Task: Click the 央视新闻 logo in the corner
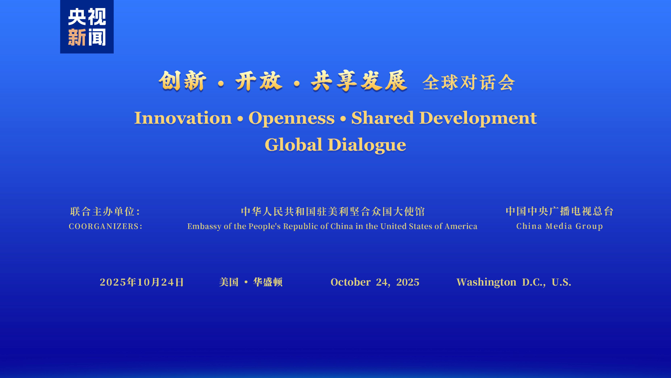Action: tap(87, 27)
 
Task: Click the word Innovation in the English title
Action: tap(183, 118)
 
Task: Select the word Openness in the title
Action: tap(292, 119)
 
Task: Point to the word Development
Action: tap(478, 119)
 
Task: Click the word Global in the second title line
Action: tap(294, 145)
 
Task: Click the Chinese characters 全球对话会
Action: tap(468, 82)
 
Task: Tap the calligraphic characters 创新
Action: tap(183, 81)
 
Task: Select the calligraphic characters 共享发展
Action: tap(359, 81)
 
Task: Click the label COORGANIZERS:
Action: tap(106, 226)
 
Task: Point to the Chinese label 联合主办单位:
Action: tap(105, 211)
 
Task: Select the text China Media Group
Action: tap(560, 226)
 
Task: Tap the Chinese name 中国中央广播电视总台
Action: tap(560, 211)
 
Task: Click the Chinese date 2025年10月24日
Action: tap(142, 282)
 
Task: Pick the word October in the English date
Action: tap(351, 282)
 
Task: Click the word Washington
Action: tap(486, 282)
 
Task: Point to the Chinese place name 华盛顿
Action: tap(268, 282)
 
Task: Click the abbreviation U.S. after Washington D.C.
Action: tap(561, 282)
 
